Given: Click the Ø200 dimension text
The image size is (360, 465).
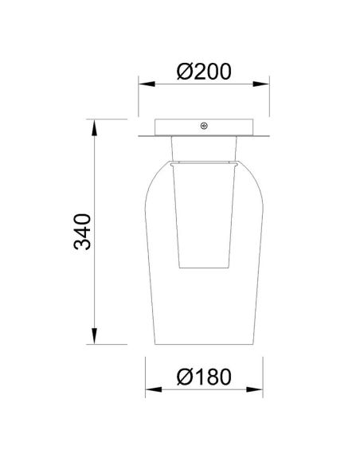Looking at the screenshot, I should [x=203, y=71].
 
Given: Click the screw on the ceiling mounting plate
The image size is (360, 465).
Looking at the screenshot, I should [x=204, y=126].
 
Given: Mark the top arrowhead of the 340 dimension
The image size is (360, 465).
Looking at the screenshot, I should [x=95, y=124].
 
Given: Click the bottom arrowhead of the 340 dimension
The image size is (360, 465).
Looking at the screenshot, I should [x=95, y=344].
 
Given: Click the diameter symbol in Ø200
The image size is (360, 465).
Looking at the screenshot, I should [x=182, y=71].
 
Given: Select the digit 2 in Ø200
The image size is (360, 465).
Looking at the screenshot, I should [x=198, y=71].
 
